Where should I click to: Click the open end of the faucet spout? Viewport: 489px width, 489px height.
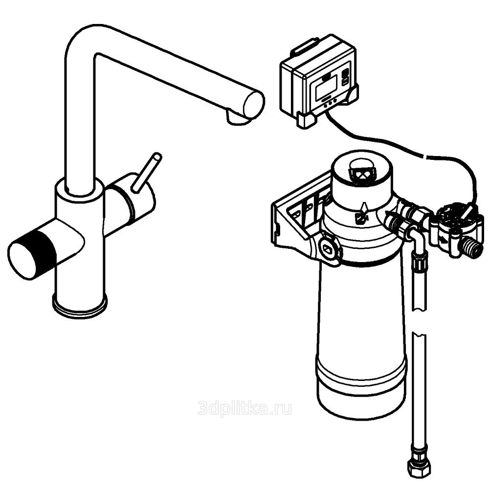click(253, 104)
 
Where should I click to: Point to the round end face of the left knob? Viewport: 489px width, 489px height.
click(22, 260)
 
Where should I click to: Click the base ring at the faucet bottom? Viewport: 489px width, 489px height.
click(80, 307)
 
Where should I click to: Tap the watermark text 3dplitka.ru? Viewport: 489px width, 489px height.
click(245, 408)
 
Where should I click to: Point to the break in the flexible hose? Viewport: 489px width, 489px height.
click(419, 321)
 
